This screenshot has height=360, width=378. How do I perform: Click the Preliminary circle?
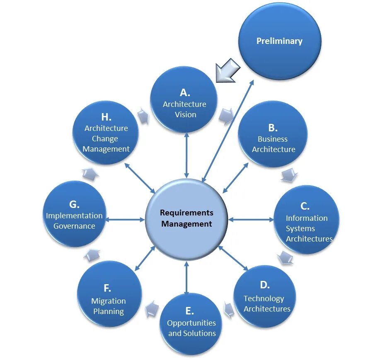click(279, 41)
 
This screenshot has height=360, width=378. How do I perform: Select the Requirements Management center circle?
click(187, 218)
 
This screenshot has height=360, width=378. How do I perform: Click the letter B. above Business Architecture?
click(273, 128)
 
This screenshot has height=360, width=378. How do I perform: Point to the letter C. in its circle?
click(305, 206)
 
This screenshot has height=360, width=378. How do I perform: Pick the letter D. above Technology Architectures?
click(265, 285)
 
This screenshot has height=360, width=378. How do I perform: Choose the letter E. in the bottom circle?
click(189, 311)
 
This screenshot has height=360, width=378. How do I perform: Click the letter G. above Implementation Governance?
click(74, 204)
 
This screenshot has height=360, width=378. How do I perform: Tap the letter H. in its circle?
click(107, 117)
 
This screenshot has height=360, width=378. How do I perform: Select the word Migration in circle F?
click(109, 301)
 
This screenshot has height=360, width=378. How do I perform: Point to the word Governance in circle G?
click(74, 226)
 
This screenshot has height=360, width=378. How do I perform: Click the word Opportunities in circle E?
click(191, 323)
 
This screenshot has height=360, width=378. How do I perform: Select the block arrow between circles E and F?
click(151, 308)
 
